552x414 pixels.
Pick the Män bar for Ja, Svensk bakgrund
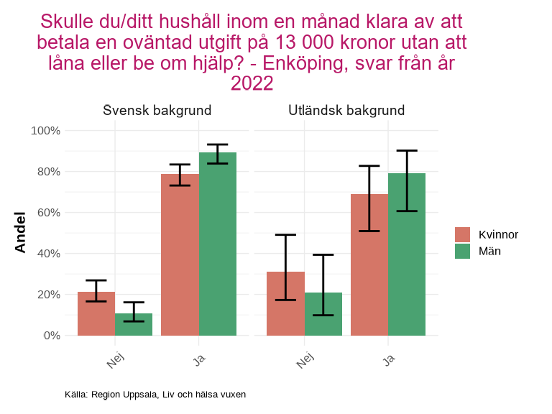(x=218, y=244)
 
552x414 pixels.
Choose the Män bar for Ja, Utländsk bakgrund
(x=407, y=254)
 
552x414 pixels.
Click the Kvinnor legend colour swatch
(x=462, y=234)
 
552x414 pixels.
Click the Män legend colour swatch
(x=462, y=251)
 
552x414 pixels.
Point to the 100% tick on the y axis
(x=45, y=131)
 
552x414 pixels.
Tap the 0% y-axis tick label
(x=51, y=336)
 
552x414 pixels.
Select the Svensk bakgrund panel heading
(x=157, y=111)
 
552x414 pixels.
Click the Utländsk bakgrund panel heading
(x=346, y=111)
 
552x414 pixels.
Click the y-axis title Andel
(x=20, y=232)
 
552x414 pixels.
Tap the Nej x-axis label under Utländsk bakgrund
(x=305, y=359)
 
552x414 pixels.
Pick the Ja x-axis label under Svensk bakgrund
(x=200, y=357)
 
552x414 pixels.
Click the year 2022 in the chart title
(x=252, y=84)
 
